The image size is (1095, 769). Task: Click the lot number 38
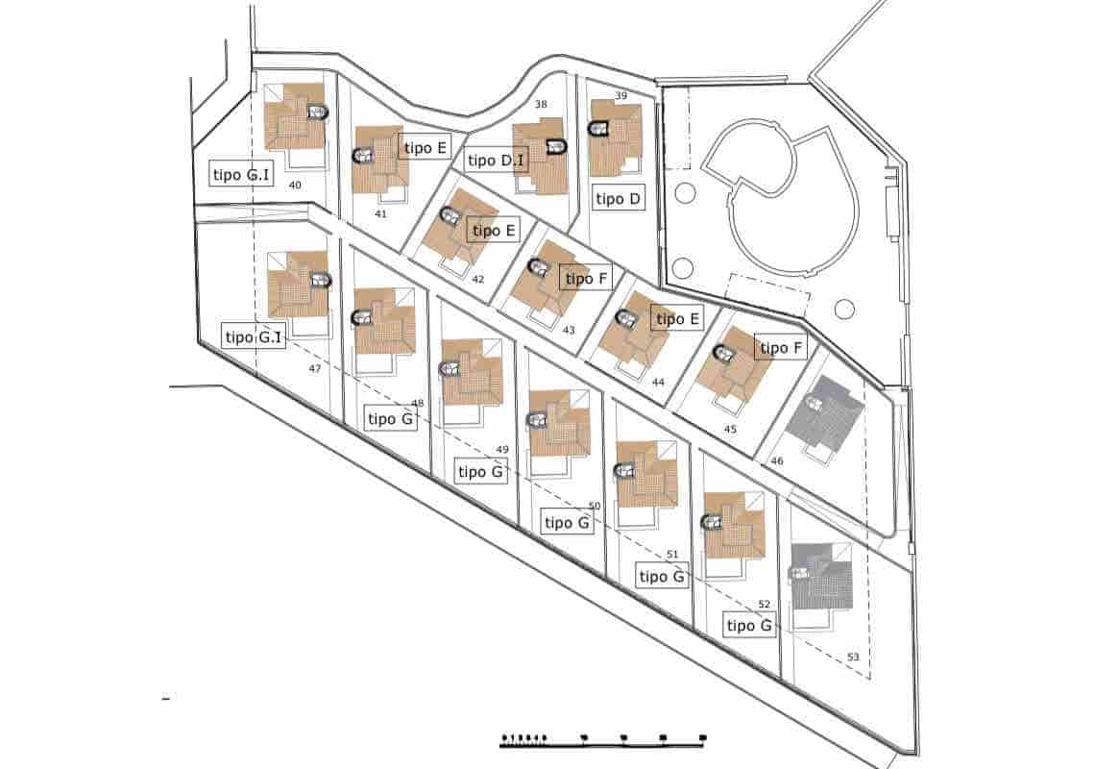tap(541, 104)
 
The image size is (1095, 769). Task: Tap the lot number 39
tap(620, 95)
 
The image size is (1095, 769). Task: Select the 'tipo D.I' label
tap(496, 160)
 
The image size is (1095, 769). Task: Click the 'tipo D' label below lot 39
tap(619, 199)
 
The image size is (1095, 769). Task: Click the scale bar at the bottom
tap(603, 739)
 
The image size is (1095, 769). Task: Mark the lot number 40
tap(295, 185)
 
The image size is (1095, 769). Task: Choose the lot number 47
tap(315, 368)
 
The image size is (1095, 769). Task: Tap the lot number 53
tap(853, 657)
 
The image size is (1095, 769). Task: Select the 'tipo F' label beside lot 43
tap(587, 279)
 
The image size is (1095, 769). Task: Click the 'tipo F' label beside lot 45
tap(782, 348)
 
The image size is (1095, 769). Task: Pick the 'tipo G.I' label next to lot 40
tap(241, 173)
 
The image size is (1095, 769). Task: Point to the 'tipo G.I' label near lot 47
tap(254, 337)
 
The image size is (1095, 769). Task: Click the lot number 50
tap(594, 506)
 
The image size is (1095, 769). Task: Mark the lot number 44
tap(658, 382)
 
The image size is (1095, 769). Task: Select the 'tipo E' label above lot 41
tap(426, 147)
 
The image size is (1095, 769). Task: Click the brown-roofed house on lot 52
tap(735, 525)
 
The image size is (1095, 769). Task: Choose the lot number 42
tap(478, 280)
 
